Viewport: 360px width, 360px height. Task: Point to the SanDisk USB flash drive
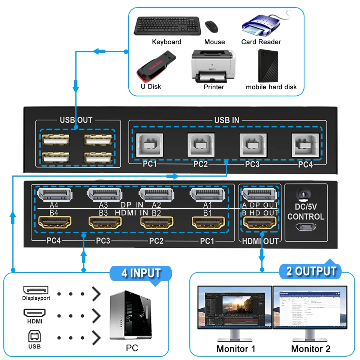click(x=154, y=69)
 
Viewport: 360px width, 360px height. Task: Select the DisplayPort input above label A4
click(x=56, y=194)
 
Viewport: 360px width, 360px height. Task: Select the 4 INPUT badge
click(x=141, y=273)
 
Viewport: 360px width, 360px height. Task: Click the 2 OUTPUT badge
click(x=311, y=271)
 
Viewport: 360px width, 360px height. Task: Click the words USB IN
click(x=226, y=120)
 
